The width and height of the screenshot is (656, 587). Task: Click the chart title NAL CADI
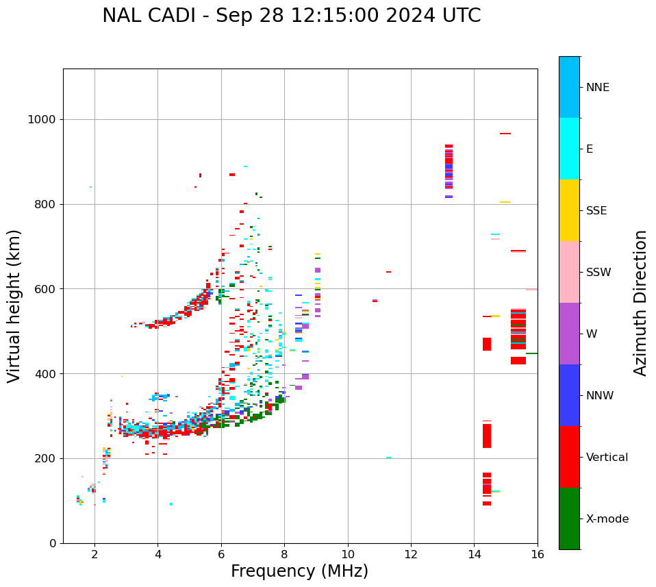pyautogui.click(x=291, y=16)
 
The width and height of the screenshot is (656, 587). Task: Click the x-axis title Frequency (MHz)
pyautogui.click(x=299, y=571)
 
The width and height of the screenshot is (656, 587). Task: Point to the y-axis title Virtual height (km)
pyautogui.click(x=14, y=306)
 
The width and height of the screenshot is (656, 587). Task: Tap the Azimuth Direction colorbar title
pyautogui.click(x=640, y=303)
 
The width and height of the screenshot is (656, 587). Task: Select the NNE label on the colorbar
pyautogui.click(x=597, y=88)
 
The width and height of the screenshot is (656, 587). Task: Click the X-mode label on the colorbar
pyautogui.click(x=607, y=519)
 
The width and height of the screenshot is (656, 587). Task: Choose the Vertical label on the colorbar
pyautogui.click(x=607, y=458)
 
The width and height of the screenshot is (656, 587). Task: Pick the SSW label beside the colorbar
pyautogui.click(x=598, y=273)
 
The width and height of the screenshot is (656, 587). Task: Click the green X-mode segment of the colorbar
pyautogui.click(x=569, y=519)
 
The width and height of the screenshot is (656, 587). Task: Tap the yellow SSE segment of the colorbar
pyautogui.click(x=569, y=210)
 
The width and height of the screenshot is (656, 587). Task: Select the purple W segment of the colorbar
pyautogui.click(x=569, y=334)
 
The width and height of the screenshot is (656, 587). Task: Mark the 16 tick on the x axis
pyautogui.click(x=537, y=554)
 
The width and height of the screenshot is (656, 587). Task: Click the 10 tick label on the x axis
pyautogui.click(x=347, y=554)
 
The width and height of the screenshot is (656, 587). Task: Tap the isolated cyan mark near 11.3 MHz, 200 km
pyautogui.click(x=388, y=458)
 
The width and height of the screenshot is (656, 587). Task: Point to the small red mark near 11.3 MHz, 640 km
pyautogui.click(x=388, y=272)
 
